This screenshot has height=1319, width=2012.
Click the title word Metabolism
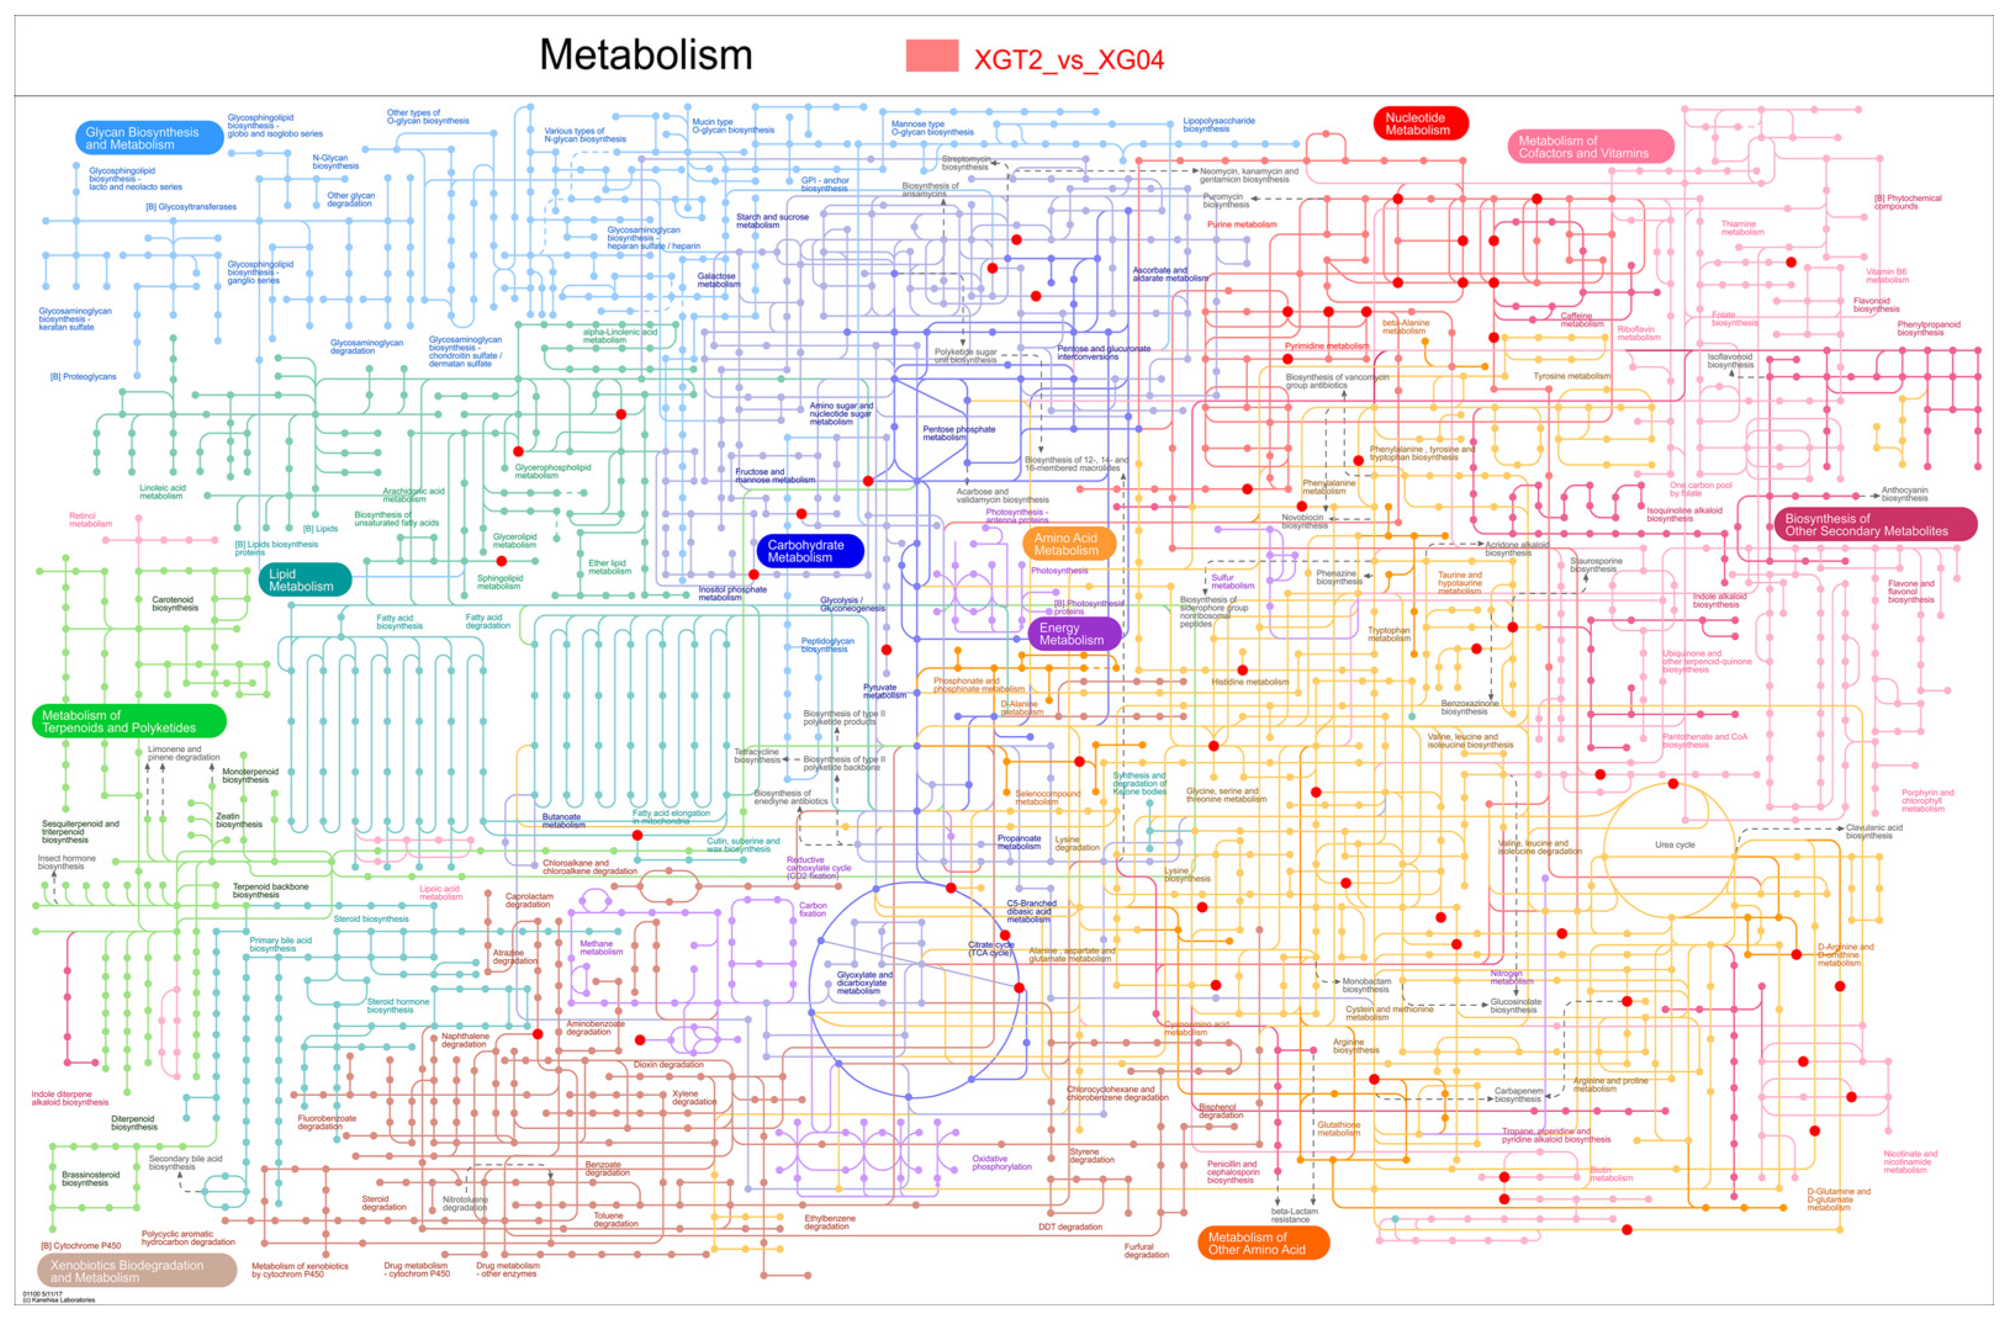coord(645,55)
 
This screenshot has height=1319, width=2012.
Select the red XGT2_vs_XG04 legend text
coord(1069,59)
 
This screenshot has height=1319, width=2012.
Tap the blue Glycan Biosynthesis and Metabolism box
coord(149,137)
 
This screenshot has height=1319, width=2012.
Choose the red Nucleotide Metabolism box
coord(1420,123)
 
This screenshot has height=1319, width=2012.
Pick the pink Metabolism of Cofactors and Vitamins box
coord(1589,146)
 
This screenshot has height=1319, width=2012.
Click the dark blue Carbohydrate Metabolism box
coord(809,551)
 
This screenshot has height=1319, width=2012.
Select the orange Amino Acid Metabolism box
coord(1068,544)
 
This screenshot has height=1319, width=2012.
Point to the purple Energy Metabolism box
coord(1074,634)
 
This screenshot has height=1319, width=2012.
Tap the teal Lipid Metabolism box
coord(303,579)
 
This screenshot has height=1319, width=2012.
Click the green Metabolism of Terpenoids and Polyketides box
coord(128,721)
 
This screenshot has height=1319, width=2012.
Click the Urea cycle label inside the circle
coord(1674,845)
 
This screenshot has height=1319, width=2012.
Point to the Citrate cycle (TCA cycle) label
coord(990,948)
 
